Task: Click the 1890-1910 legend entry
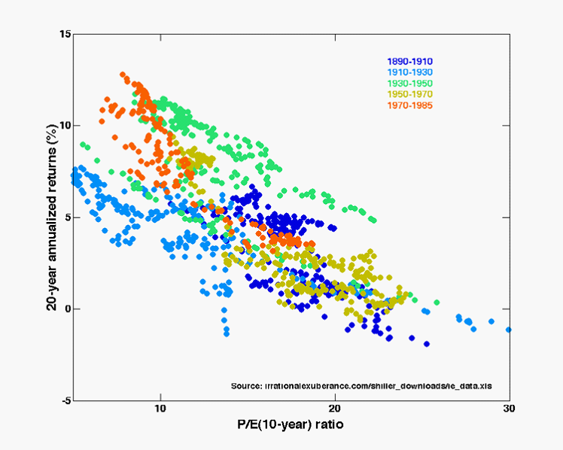(x=409, y=62)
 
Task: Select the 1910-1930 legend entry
(x=409, y=72)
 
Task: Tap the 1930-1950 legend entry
(x=409, y=83)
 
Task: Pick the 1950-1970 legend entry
(x=409, y=94)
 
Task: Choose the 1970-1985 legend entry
(x=409, y=105)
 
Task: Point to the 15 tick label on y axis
(x=65, y=34)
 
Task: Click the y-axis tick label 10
(x=65, y=126)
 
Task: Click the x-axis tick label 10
(x=160, y=410)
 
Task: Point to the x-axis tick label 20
(x=335, y=410)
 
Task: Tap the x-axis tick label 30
(x=509, y=410)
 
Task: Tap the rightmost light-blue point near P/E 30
(x=509, y=330)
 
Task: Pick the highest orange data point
(x=123, y=74)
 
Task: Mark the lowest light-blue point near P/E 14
(x=226, y=333)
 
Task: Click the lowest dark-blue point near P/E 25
(x=427, y=344)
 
